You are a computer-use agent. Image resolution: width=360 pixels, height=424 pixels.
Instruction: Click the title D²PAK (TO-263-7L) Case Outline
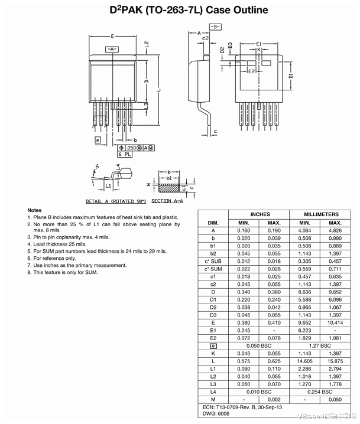point(180,10)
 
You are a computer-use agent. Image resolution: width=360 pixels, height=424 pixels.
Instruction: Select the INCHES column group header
point(260,214)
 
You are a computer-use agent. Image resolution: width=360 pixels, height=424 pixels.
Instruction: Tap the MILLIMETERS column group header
point(321,214)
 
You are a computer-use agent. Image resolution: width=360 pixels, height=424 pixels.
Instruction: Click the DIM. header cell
point(213,223)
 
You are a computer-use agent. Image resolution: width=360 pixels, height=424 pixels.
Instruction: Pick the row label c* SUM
point(213,269)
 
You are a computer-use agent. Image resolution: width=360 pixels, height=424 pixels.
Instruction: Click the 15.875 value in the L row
point(335,361)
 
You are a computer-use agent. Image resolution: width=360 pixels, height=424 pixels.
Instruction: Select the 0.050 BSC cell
point(260,345)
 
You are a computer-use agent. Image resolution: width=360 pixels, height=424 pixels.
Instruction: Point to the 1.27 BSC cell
point(321,345)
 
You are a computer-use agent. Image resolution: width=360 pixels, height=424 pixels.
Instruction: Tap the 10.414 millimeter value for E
point(335,322)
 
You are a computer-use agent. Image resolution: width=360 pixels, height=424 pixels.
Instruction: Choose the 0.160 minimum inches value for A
point(244,230)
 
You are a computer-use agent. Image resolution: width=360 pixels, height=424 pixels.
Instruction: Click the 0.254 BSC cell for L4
point(321,392)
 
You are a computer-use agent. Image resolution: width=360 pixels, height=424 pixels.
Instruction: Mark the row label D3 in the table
point(213,315)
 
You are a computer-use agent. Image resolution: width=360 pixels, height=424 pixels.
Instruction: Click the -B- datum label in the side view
point(215,27)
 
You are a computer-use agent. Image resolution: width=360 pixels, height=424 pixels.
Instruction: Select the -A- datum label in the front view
point(112,50)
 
